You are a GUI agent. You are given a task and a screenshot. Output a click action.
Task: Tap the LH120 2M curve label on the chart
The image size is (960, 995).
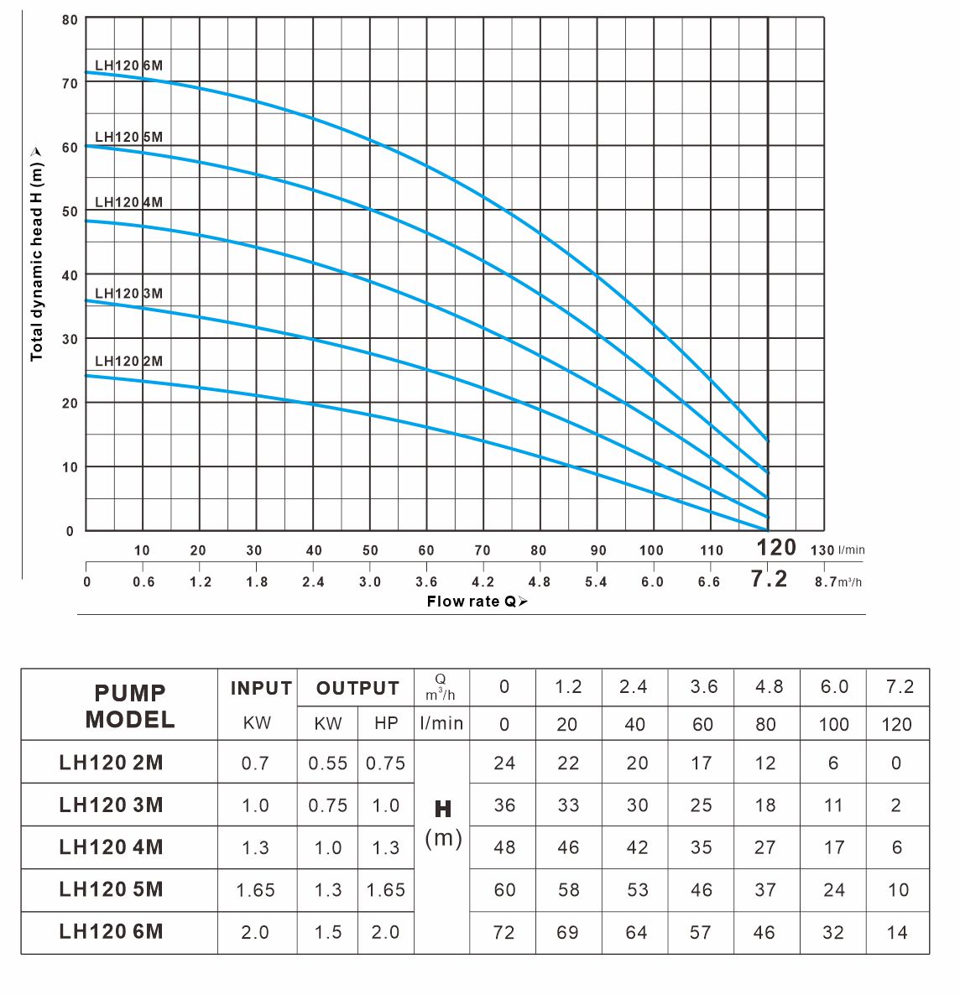[128, 361]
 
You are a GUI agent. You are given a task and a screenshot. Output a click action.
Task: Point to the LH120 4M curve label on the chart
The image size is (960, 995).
[128, 202]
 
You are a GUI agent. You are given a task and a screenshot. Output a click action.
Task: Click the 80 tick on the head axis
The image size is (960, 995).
[69, 19]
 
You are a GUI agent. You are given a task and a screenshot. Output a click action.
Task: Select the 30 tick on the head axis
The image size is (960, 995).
[69, 339]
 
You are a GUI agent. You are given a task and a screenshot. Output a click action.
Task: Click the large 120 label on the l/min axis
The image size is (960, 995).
[775, 548]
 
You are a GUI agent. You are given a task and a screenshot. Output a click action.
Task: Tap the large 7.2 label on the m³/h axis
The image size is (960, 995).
[769, 580]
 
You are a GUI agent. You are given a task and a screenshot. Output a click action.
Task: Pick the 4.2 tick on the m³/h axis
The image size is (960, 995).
[483, 582]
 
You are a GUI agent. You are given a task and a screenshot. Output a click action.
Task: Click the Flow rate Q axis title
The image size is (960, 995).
[477, 601]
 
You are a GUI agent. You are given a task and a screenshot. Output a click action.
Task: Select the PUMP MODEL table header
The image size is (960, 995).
[129, 706]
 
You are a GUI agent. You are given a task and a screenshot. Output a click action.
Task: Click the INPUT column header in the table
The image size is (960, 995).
[260, 688]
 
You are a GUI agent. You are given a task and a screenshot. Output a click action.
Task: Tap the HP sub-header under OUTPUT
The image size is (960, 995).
[386, 723]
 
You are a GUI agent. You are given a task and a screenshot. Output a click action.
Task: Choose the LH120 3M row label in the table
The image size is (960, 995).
[111, 805]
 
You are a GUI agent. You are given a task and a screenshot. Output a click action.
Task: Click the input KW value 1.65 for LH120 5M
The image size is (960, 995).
[255, 890]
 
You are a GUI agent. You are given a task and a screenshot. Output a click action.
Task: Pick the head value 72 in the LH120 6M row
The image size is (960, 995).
[503, 932]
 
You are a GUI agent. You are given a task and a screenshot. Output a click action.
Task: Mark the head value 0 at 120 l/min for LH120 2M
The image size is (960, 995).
[896, 763]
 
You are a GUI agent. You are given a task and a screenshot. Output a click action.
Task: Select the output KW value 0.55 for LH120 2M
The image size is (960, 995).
[327, 763]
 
